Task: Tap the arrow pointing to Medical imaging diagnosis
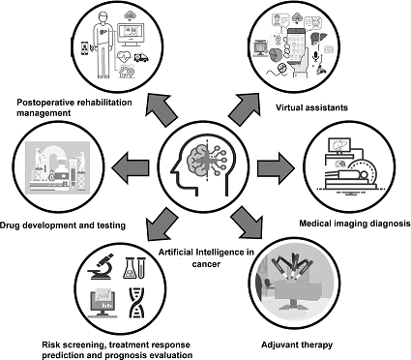pos(276,168)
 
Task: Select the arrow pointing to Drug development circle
pos(131,167)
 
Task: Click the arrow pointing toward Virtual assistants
pos(244,109)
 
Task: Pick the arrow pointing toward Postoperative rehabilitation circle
pos(161,109)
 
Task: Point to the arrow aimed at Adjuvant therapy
pos(247,223)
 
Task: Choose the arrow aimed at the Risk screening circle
pos(162,224)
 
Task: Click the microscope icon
pos(101,266)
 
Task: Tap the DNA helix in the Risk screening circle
pos(136,303)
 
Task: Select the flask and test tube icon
pos(134,268)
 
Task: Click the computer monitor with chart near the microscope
pos(103,302)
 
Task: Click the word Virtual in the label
pos(289,107)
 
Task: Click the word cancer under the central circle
pos(206,264)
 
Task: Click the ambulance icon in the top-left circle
pos(141,57)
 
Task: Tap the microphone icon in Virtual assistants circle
pos(316,56)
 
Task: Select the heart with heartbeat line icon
pos(124,57)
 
